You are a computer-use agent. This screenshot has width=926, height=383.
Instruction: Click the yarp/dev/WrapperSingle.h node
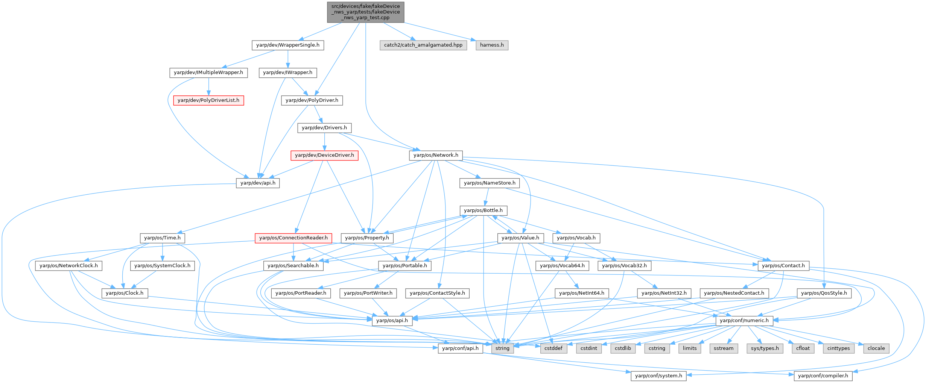[287, 45]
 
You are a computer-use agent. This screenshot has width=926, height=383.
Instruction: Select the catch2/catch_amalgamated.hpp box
[423, 45]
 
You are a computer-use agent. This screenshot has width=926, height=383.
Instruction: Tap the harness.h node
[492, 45]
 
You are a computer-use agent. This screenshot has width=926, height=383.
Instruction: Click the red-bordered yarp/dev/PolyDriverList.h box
[208, 100]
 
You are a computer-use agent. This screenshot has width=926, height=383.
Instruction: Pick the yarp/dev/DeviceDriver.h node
[324, 155]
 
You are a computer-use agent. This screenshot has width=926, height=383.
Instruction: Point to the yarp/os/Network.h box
[436, 155]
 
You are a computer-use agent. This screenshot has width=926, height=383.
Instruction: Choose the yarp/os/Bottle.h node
[483, 210]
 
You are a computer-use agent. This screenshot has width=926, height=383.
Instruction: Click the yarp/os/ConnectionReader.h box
[293, 238]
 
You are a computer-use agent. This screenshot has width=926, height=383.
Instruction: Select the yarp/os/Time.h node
[162, 238]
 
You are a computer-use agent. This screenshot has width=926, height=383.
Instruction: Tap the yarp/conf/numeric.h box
[744, 321]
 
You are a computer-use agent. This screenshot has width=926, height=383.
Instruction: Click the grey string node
[502, 348]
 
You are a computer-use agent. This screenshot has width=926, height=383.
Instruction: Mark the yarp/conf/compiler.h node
[823, 376]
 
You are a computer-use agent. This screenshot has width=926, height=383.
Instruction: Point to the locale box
[876, 348]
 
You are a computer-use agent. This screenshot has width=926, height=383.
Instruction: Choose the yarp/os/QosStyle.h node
[824, 293]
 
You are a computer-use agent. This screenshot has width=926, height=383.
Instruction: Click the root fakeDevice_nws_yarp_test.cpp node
[365, 12]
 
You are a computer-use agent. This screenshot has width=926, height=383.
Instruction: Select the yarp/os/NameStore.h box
[490, 183]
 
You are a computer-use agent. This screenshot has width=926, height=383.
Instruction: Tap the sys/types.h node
[765, 348]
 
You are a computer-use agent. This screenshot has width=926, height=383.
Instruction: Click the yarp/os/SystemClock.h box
[162, 266]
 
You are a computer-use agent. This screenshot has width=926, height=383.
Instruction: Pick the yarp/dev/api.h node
[258, 183]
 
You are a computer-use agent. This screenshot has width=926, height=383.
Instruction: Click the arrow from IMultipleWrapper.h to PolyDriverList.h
[208, 87]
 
